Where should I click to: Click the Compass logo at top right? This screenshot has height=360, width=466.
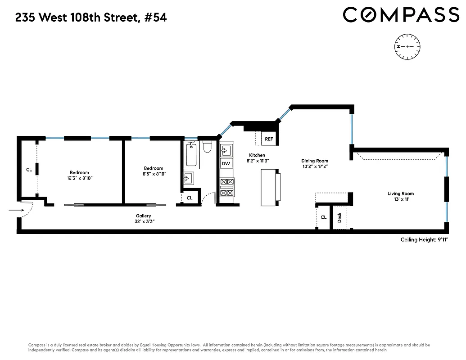coord(401,15)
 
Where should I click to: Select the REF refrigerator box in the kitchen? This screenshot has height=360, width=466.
coord(269,139)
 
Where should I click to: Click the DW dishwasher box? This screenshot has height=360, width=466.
coord(226,163)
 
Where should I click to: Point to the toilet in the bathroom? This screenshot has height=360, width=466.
coord(208,147)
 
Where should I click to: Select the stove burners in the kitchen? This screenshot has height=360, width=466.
coord(227,187)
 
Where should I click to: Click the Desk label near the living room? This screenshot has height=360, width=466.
coord(339,218)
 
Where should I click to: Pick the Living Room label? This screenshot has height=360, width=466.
coord(400,194)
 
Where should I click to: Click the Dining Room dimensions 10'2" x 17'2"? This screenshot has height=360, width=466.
coord(315,166)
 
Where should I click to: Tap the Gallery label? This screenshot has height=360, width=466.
coord(143,216)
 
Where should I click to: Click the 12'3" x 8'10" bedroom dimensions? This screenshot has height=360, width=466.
coord(79,178)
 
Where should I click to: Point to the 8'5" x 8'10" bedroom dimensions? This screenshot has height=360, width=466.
coord(154,174)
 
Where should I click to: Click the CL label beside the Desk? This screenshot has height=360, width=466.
coord(323,217)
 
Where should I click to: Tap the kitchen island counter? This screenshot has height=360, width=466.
coord(270,187)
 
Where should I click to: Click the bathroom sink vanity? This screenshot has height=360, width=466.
coord(188,179)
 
